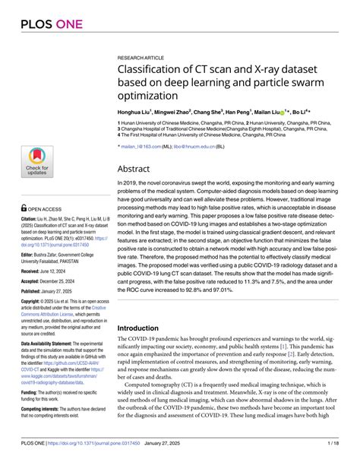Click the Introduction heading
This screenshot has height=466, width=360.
143,328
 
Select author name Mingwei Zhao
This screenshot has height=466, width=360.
182,111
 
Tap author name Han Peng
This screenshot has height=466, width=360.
262,111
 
